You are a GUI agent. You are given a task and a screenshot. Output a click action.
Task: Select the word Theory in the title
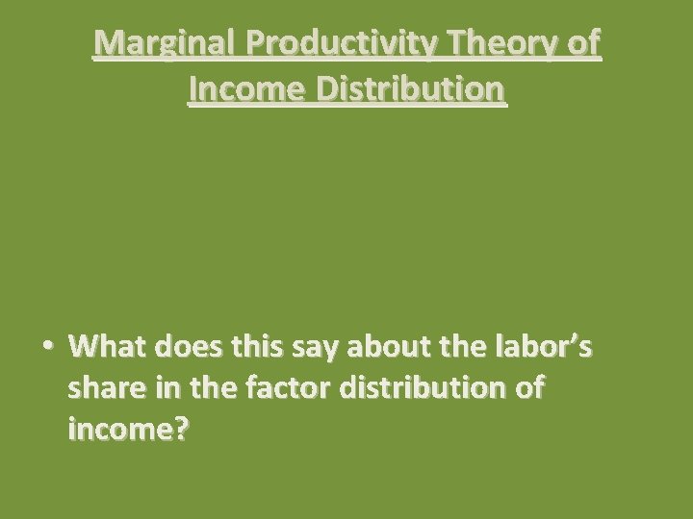500,44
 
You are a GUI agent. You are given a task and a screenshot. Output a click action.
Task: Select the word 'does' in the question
192,345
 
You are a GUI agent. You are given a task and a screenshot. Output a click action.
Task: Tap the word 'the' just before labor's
464,345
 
